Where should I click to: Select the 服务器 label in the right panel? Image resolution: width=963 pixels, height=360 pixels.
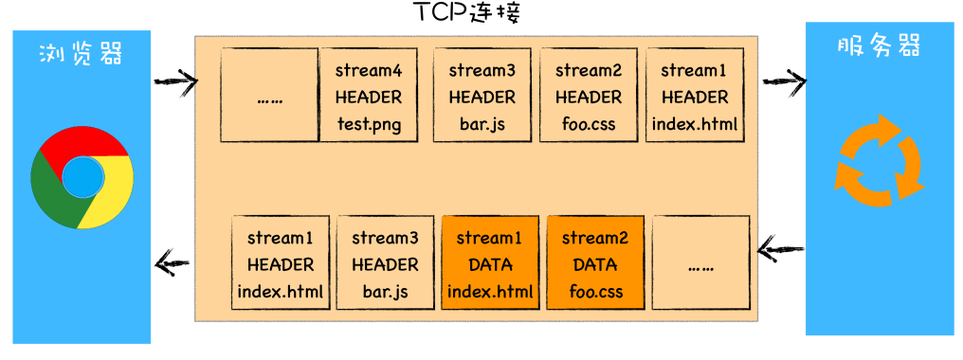880,46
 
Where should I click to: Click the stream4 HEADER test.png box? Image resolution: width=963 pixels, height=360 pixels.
369,96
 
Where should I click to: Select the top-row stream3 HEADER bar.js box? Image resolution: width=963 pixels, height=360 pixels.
481,96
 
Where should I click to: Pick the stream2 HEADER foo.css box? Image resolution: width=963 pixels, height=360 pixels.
588,96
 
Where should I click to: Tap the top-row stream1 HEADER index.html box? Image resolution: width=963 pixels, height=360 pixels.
694,96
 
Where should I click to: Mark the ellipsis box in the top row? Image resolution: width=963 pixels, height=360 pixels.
269,96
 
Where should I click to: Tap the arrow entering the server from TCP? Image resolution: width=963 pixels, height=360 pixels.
782,82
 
